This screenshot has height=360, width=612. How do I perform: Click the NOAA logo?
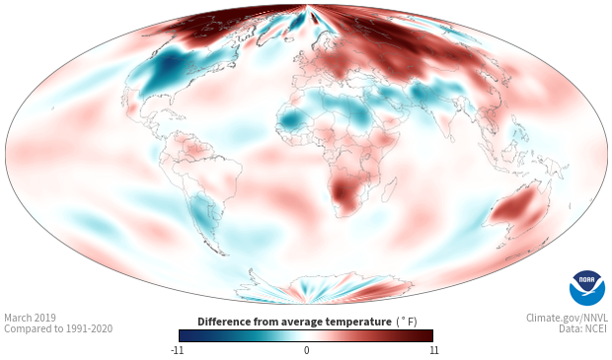click(587, 287)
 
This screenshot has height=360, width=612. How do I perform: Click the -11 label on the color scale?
click(177, 350)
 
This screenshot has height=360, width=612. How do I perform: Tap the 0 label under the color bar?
click(306, 350)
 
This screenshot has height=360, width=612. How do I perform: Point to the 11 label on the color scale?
click(433, 350)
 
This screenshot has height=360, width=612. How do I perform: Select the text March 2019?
click(30, 318)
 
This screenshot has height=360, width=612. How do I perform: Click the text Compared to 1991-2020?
click(58, 328)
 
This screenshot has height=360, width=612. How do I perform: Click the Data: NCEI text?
click(583, 328)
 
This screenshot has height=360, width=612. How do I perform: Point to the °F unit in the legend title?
click(407, 322)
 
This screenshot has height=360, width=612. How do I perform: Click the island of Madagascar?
click(389, 188)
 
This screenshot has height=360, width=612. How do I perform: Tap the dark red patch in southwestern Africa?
click(342, 193)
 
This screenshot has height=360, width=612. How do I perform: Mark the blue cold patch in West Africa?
click(291, 119)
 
